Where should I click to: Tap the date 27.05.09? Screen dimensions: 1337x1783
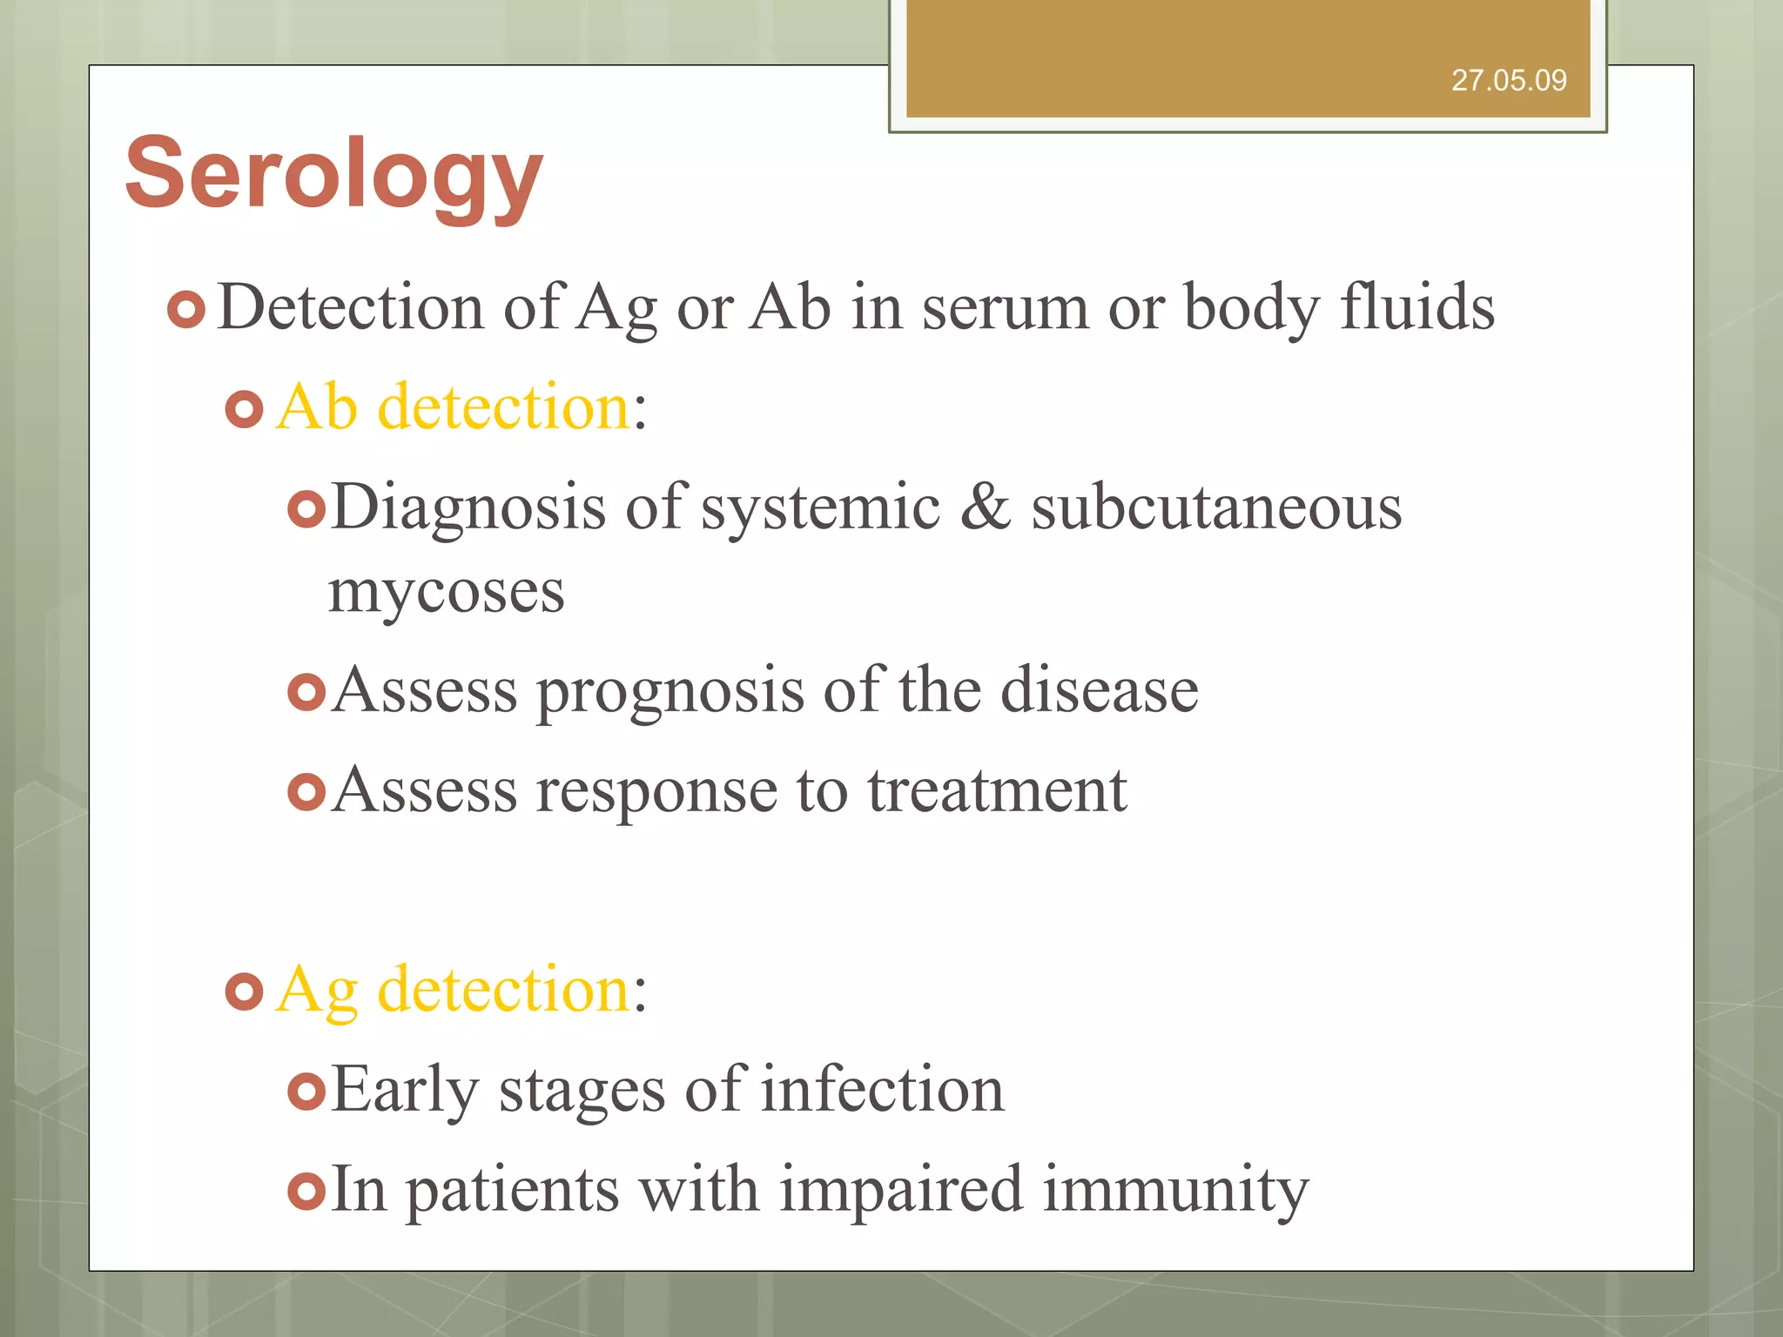1508,81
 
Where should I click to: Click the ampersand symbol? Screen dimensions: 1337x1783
985,507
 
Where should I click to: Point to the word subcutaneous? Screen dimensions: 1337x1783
1216,507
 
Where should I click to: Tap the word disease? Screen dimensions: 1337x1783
1099,691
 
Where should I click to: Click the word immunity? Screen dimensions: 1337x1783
1175,1191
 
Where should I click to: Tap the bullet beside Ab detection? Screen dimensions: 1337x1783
244,409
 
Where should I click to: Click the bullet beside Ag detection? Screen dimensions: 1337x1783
244,992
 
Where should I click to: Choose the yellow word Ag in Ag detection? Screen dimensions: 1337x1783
316,992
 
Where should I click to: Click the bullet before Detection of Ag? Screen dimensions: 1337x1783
185,309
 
